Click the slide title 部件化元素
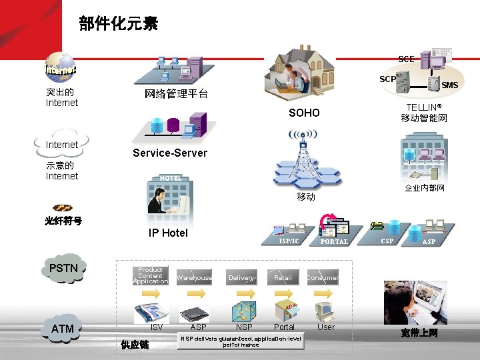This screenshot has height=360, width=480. (118, 25)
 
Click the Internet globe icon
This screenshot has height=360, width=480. (61, 66)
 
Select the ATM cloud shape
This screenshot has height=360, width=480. (63, 328)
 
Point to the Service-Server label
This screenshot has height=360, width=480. (170, 153)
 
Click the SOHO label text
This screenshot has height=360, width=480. (304, 113)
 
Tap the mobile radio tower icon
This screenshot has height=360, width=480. (303, 160)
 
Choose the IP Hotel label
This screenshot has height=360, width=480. (168, 233)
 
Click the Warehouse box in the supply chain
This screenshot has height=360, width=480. (194, 277)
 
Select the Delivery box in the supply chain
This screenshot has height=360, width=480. (241, 277)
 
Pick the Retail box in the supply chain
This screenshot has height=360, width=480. (283, 277)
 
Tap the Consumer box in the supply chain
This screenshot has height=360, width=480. (323, 277)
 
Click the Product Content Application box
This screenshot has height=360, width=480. (151, 276)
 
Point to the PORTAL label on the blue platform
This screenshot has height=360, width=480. (334, 242)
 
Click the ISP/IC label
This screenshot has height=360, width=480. (289, 241)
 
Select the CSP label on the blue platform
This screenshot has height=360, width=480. (387, 241)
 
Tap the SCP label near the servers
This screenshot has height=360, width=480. (387, 79)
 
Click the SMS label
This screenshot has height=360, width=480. (449, 85)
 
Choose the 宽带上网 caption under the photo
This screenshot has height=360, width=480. (419, 333)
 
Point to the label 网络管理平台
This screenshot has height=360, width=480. (176, 94)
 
